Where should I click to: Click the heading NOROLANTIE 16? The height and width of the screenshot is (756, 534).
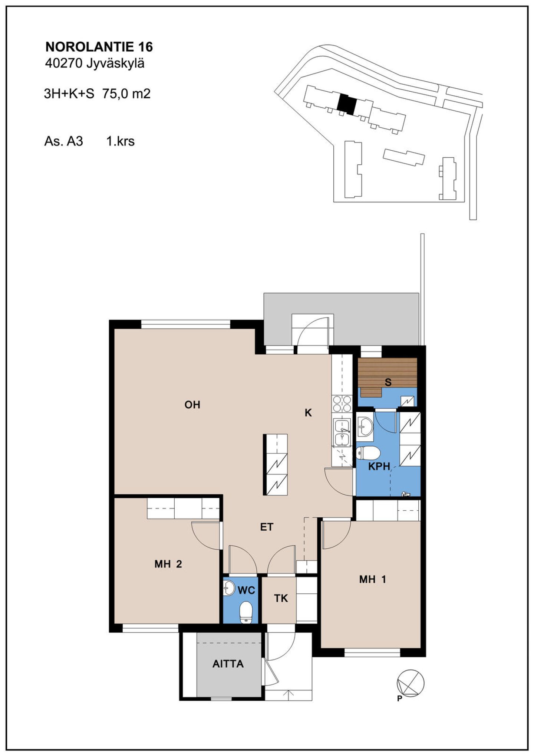[99, 47]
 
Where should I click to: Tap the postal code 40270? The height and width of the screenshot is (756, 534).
[63, 63]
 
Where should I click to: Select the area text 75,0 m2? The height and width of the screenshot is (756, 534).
[126, 94]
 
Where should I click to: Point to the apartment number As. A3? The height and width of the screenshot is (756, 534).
[63, 141]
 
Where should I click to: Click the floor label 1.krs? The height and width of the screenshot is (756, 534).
[121, 141]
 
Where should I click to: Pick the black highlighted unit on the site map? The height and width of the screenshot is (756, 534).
[346, 104]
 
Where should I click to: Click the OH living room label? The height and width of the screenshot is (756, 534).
[192, 405]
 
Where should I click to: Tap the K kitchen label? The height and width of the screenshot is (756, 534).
[308, 413]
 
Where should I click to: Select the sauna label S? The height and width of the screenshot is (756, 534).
[388, 382]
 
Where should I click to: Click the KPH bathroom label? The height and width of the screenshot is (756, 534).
[379, 467]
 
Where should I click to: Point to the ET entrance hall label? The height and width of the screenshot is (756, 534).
[267, 527]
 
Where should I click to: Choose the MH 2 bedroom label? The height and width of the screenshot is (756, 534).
[168, 564]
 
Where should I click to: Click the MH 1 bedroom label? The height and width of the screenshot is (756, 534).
[373, 579]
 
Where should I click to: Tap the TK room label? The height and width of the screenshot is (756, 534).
[281, 598]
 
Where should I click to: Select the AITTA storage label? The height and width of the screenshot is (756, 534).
[228, 664]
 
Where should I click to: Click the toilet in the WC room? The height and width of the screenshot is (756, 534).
[246, 612]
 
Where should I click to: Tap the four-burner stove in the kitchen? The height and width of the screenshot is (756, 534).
[342, 403]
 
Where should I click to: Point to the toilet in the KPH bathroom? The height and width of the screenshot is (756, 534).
[368, 453]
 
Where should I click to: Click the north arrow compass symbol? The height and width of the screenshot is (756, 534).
[411, 683]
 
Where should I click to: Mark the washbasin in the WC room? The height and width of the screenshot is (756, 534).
[230, 588]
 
